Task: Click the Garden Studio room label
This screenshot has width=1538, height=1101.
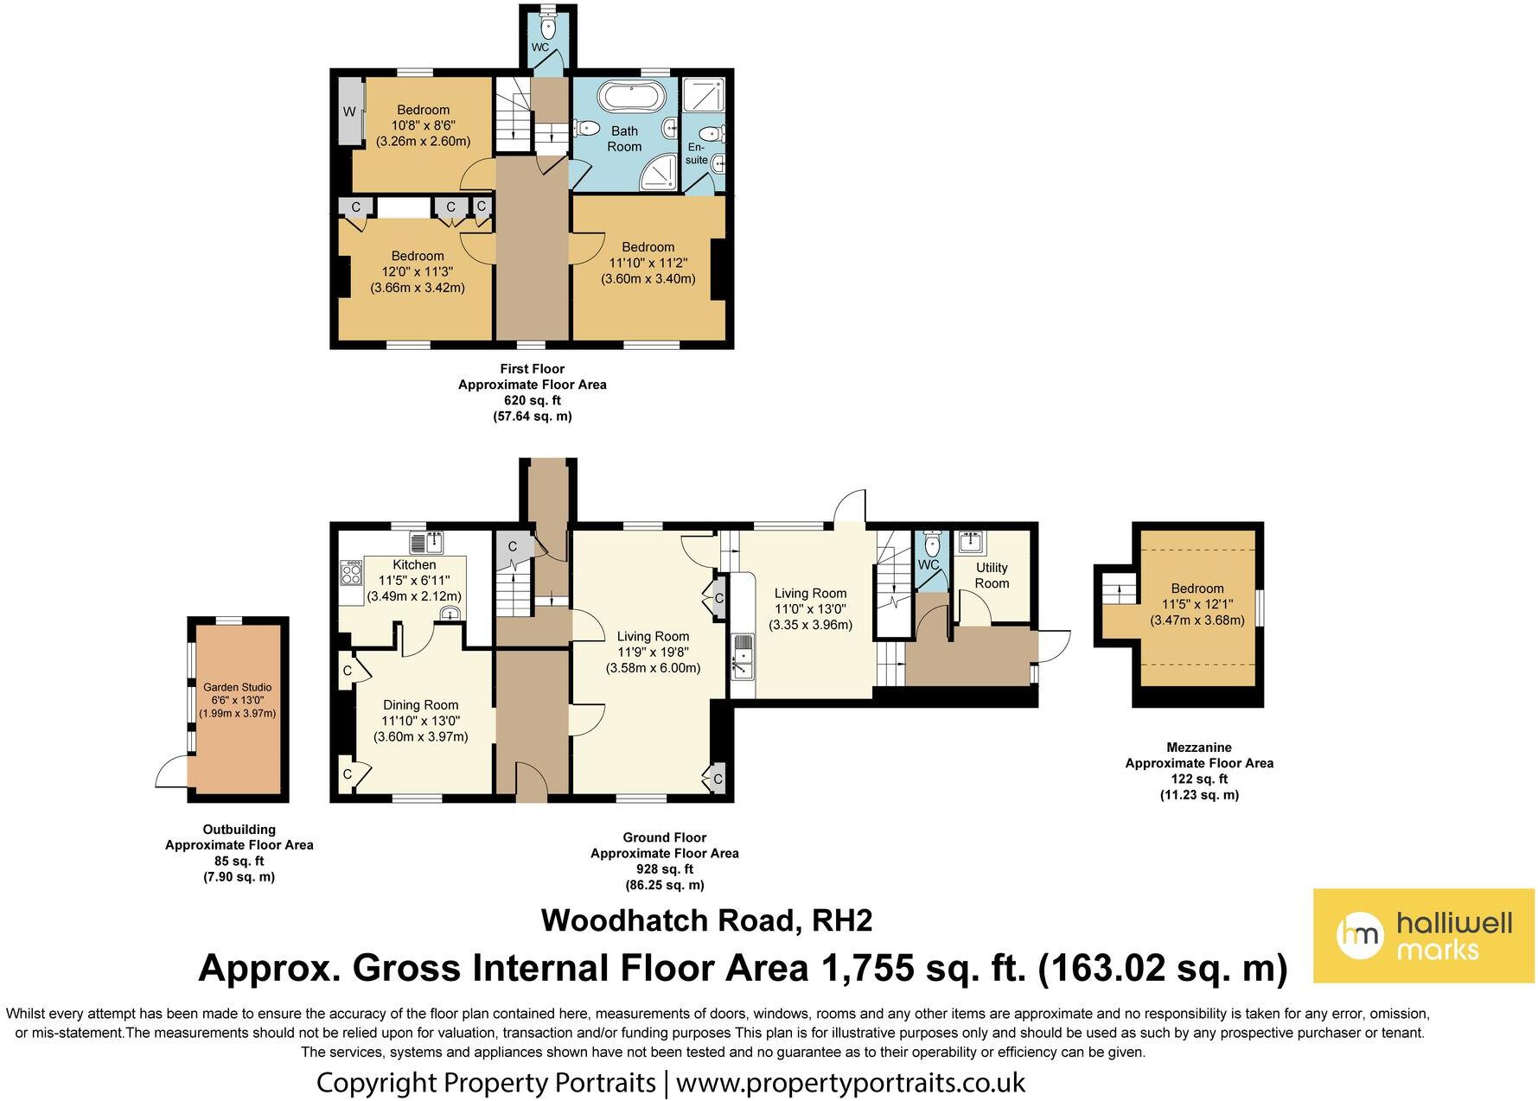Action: (x=237, y=687)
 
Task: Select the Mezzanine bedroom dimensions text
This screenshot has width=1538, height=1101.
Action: (x=1197, y=612)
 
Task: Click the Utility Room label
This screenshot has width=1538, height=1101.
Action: (x=992, y=576)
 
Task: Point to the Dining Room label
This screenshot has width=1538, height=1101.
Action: (x=420, y=704)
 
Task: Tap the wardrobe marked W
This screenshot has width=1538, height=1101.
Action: (x=350, y=111)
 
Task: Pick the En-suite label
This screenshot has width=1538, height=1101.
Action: (x=697, y=153)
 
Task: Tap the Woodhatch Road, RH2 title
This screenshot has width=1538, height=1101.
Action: (x=706, y=920)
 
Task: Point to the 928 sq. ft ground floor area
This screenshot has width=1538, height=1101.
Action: (x=664, y=869)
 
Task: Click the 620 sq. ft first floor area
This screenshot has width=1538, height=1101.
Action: (x=532, y=400)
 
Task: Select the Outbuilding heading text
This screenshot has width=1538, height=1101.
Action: (x=239, y=830)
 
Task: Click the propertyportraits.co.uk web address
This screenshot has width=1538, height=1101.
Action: (x=851, y=1082)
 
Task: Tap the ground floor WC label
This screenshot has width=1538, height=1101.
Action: (x=929, y=564)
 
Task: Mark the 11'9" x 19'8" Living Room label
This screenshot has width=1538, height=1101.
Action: (x=653, y=652)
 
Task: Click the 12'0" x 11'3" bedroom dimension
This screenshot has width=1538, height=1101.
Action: (x=418, y=271)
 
